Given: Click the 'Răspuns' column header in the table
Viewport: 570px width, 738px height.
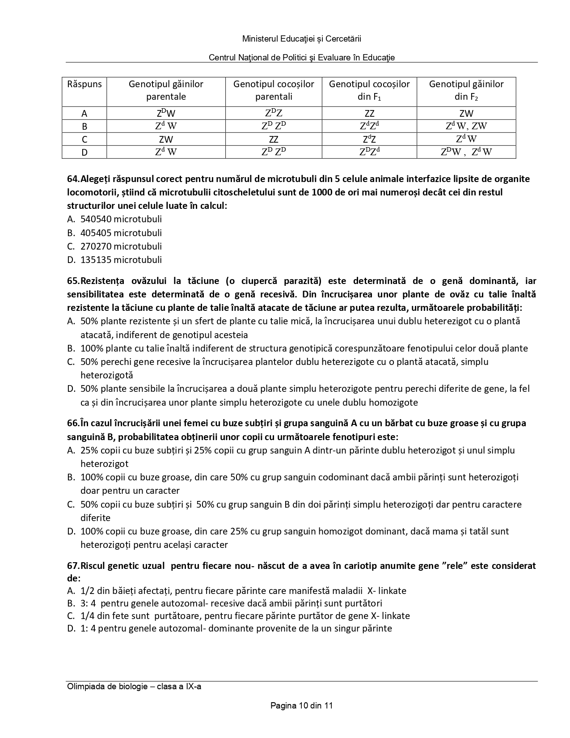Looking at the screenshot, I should point(84,84).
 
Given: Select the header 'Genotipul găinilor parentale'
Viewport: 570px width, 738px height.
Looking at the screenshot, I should point(166,90).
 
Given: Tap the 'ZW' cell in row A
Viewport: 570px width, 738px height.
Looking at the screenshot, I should point(466,113).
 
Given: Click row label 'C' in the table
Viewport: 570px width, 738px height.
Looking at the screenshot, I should point(84,139).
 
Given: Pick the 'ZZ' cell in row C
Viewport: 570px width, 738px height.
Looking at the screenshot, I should point(273,139).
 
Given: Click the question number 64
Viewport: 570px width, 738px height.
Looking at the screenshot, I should point(73,179).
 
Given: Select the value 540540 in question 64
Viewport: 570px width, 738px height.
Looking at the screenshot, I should point(96,219).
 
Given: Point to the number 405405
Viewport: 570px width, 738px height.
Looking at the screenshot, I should point(96,233).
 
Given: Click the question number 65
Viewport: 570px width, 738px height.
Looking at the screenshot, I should point(73,281).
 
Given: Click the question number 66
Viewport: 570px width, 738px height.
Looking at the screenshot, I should point(73,423).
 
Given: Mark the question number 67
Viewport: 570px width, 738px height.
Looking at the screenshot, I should point(73,566).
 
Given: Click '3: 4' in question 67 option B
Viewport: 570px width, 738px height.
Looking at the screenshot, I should point(88,603).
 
